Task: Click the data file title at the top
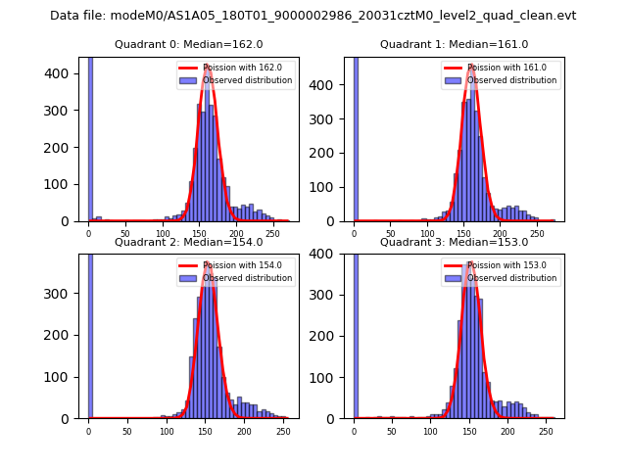pyautogui.click(x=313, y=16)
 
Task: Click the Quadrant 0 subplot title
pyautogui.click(x=189, y=44)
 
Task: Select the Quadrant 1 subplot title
pyautogui.click(x=454, y=44)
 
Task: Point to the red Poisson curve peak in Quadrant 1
pyautogui.click(x=471, y=66)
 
